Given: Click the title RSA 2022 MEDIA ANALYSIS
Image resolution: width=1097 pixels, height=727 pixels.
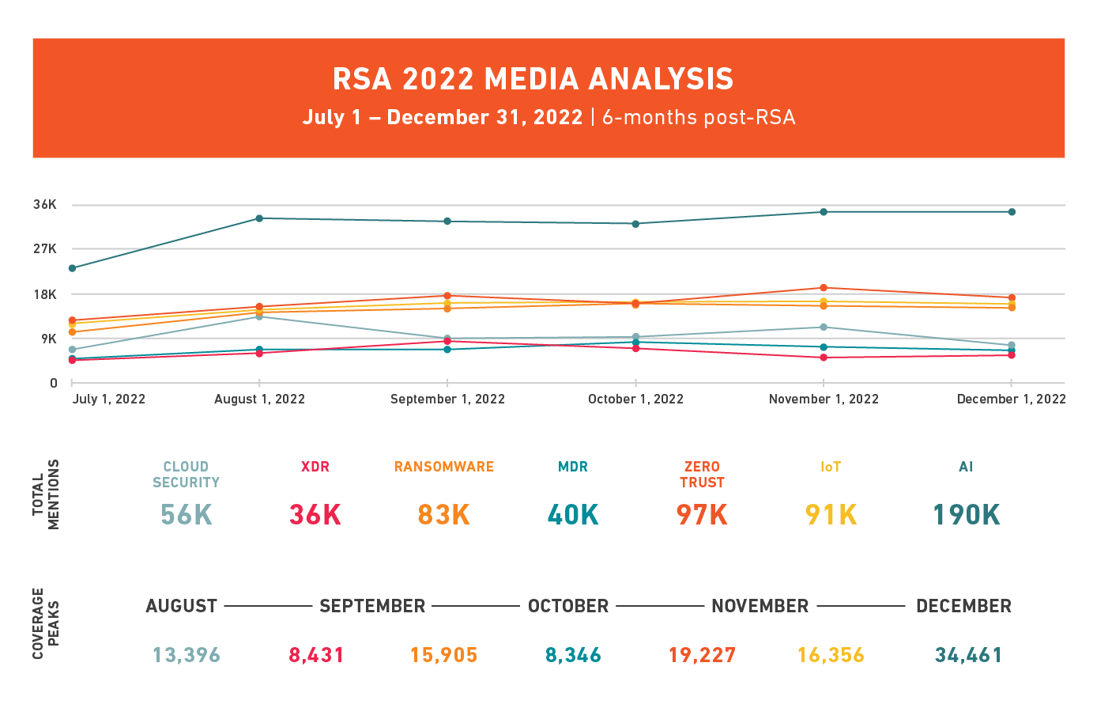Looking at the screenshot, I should tap(533, 79).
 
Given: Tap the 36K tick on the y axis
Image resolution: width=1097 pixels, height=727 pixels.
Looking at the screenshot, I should tap(45, 205).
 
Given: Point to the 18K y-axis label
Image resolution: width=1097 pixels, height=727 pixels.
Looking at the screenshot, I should tap(45, 294).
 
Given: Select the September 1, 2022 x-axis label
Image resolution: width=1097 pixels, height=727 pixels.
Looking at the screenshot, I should tap(447, 399).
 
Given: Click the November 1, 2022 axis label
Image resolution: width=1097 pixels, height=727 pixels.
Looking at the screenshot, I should tap(824, 399).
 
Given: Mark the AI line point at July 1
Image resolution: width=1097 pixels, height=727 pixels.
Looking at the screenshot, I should tap(72, 268).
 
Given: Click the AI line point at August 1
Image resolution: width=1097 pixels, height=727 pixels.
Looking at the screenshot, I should tap(259, 218).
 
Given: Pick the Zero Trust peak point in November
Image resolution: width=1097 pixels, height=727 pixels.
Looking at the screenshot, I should tap(824, 288).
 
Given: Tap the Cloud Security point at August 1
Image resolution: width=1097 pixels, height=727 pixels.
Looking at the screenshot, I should tap(259, 316).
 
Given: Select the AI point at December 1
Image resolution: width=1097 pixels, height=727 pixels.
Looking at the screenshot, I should tap(1012, 212).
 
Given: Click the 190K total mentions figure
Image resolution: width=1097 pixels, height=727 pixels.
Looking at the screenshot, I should tap(966, 515).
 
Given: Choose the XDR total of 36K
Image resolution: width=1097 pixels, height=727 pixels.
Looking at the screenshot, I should tap(315, 515).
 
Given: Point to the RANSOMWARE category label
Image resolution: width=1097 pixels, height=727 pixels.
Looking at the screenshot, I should tap(444, 467).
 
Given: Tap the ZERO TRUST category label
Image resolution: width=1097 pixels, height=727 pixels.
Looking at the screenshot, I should tap(702, 475).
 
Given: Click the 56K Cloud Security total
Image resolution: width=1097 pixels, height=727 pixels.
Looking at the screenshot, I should tap(186, 515).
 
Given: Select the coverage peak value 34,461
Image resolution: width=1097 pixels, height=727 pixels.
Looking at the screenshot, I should tap(968, 655).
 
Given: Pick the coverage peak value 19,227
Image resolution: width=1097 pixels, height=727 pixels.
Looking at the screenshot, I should tap(702, 655).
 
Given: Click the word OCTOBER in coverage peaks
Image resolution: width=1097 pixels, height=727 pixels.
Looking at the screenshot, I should tap(568, 607).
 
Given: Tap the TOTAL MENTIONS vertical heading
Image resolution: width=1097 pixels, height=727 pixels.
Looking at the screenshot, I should tap(46, 494).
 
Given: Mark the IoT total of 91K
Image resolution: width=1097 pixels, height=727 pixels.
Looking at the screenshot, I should tap(831, 515).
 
